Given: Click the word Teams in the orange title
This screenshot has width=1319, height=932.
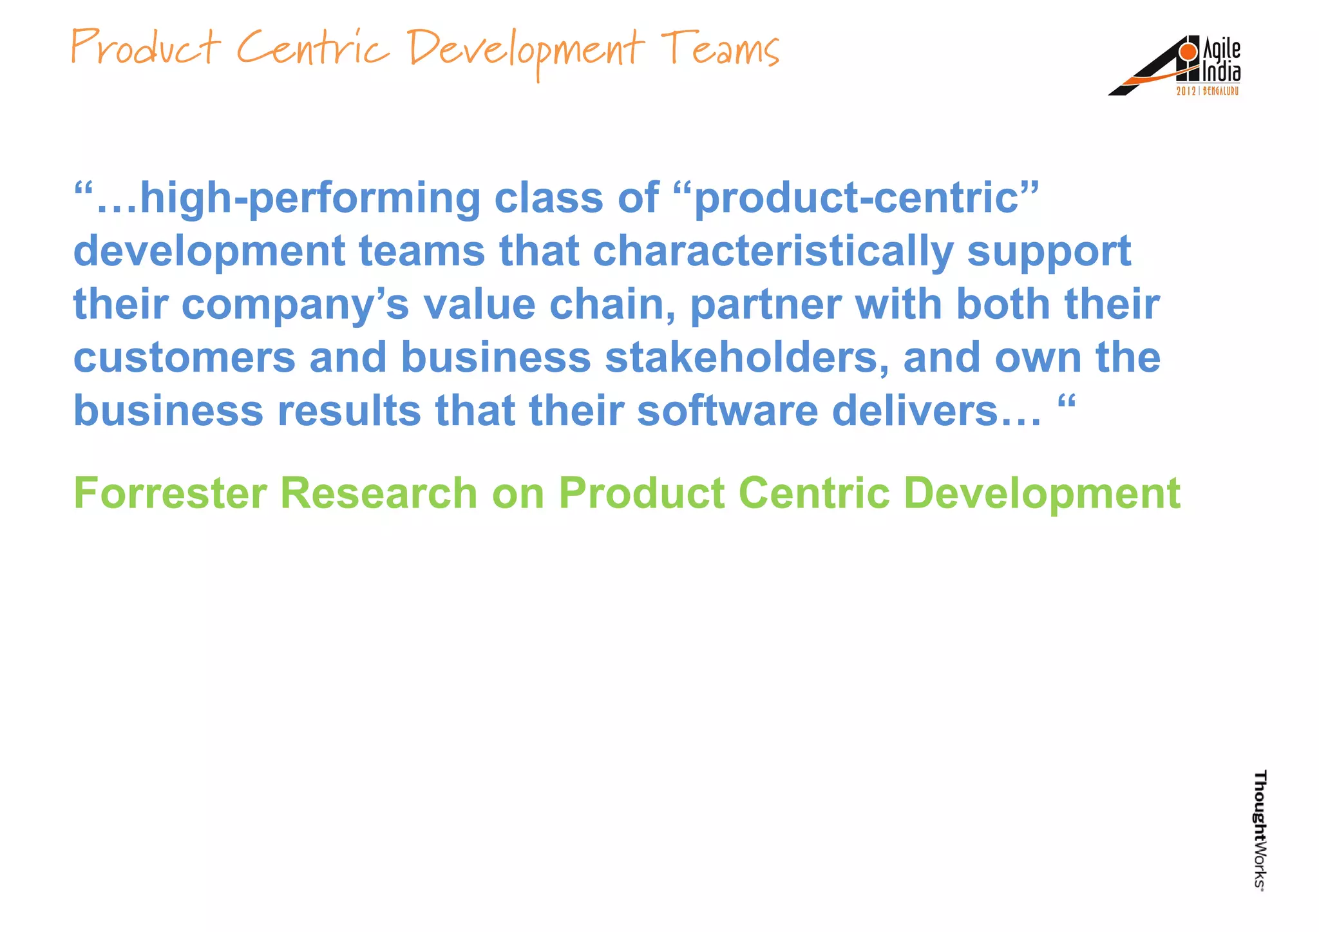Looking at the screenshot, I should [x=720, y=49].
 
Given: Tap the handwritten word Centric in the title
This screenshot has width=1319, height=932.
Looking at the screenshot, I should [x=313, y=49].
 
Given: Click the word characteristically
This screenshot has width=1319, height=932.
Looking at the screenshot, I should [x=772, y=251].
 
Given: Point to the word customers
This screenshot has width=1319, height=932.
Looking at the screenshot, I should [x=184, y=358].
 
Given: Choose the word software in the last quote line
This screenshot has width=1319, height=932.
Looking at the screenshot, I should [x=727, y=411].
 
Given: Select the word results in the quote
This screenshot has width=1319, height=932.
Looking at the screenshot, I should [x=348, y=411].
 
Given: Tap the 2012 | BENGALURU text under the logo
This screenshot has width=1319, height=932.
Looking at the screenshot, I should [x=1207, y=91].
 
